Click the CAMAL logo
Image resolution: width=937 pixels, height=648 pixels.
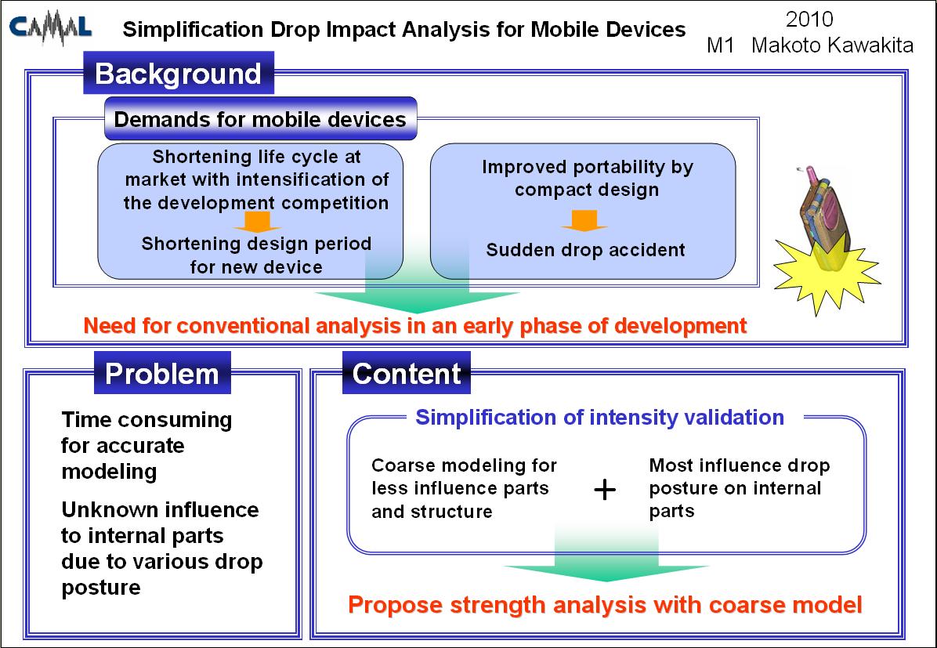point(51,29)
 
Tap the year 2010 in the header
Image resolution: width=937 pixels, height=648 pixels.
point(809,19)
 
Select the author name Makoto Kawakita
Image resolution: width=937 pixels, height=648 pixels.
point(833,45)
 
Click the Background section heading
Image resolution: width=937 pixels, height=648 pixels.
point(178,73)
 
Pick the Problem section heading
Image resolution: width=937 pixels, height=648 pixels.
point(162,373)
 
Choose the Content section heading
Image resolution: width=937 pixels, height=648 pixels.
point(407,373)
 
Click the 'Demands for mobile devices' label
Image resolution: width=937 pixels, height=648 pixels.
point(260,119)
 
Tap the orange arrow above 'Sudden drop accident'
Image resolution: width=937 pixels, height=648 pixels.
point(584,221)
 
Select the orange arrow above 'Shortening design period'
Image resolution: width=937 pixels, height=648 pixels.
point(257,221)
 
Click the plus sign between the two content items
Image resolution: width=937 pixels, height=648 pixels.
point(605,490)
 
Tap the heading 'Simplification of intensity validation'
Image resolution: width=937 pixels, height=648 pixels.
point(599,417)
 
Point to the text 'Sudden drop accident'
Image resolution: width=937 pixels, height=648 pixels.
point(585,249)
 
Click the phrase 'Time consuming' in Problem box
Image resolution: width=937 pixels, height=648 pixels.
point(147,420)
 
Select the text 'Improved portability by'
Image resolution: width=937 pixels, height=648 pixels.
point(588,167)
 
